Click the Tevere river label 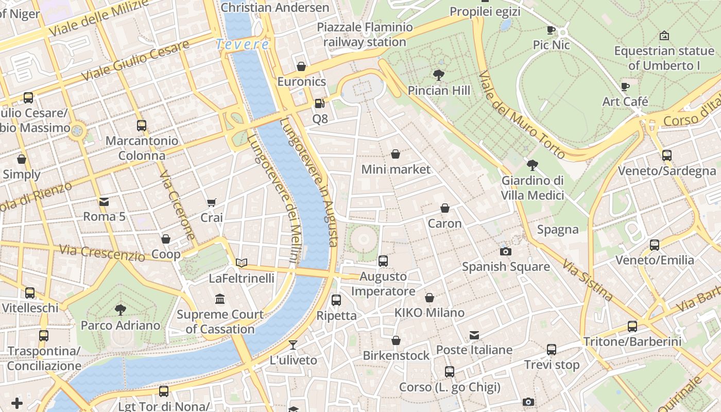tap(242, 45)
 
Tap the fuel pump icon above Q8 tap(320, 104)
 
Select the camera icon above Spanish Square tap(506, 251)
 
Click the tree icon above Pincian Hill tap(439, 75)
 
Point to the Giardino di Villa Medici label tap(533, 188)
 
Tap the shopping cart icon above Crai tap(211, 202)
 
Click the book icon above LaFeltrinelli tap(242, 263)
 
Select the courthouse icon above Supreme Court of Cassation tap(220, 299)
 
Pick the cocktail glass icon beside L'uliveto tap(293, 345)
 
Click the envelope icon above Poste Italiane tap(474, 335)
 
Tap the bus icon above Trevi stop tap(552, 350)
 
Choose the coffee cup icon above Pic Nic tap(551, 30)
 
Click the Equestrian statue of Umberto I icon tap(664, 36)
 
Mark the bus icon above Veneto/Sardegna tap(667, 155)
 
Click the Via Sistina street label tap(587, 281)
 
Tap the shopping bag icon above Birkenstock tap(396, 340)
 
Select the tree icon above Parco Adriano tap(121, 310)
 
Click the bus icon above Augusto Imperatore tap(383, 261)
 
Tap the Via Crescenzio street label tap(101, 252)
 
